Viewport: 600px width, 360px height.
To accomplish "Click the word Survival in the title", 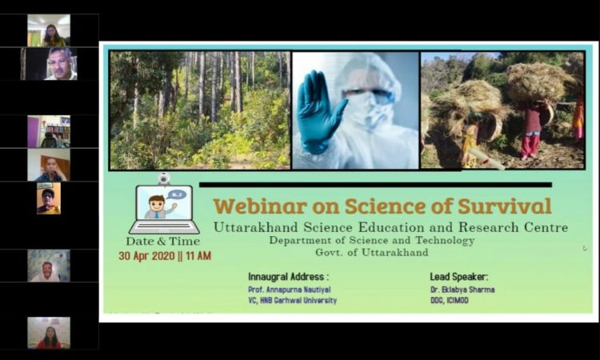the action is coord(504,206).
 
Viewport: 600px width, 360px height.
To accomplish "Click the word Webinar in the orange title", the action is coord(260,206).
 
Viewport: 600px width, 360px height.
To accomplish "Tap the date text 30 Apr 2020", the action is coord(147,255).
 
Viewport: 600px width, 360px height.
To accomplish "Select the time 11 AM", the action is coord(198,255).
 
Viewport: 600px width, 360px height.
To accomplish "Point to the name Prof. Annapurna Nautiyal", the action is coord(290,290).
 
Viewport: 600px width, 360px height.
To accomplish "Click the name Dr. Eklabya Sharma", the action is coord(462,290).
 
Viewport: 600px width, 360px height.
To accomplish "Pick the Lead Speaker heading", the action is coord(459,277).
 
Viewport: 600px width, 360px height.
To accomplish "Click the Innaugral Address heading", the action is coord(288,277).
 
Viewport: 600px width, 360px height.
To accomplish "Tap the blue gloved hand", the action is coord(320,111).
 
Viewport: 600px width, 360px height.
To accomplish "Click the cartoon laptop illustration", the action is coord(164,210).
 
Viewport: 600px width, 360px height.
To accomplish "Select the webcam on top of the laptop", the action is coord(164,178).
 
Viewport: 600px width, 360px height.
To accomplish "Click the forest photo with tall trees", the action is coord(200,110).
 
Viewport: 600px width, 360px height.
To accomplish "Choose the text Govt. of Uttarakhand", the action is coord(371,253).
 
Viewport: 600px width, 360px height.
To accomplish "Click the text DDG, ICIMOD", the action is coord(450,300).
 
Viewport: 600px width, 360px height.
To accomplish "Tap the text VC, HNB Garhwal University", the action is coord(292,300).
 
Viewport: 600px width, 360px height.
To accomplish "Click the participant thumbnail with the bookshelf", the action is coord(49,132).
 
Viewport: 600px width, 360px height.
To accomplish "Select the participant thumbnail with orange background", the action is coord(49,198).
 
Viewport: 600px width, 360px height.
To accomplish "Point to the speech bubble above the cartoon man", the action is coord(177,194).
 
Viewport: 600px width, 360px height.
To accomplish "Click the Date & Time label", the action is coord(163,242).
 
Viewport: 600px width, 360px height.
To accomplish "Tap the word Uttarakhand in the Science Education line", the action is coord(256,227).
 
